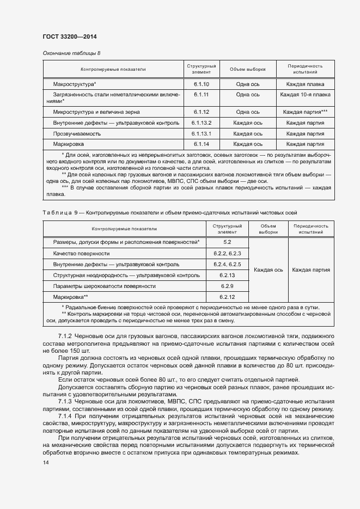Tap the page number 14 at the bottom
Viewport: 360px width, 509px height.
click(x=46, y=463)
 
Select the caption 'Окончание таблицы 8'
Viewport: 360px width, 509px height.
click(x=71, y=53)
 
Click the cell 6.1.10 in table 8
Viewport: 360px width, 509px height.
click(x=201, y=84)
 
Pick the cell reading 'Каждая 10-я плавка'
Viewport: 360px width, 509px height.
click(x=305, y=95)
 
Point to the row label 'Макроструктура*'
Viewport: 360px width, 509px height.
click(x=75, y=84)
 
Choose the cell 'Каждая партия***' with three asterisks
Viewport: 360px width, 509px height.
click(x=305, y=112)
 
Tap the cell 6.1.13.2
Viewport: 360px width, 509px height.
click(x=201, y=122)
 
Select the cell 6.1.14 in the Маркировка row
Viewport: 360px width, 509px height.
click(x=201, y=144)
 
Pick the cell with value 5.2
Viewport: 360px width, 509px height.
click(x=227, y=242)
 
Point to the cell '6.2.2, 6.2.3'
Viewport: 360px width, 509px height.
click(x=227, y=254)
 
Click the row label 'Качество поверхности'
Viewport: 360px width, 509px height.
click(x=81, y=254)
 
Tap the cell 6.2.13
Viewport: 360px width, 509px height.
click(x=227, y=275)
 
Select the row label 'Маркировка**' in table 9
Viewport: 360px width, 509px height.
click(x=70, y=297)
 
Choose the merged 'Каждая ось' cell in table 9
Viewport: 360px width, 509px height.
click(x=268, y=269)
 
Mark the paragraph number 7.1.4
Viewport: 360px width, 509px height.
click(x=65, y=416)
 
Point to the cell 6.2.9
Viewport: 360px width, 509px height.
click(x=227, y=286)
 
